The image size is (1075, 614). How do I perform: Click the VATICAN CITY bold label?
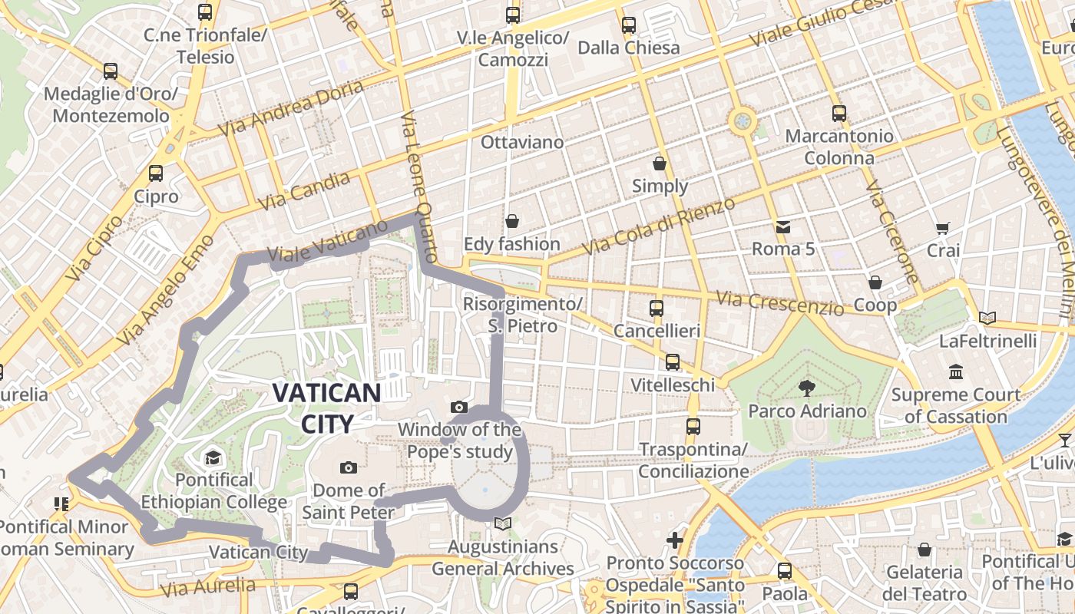click(326, 408)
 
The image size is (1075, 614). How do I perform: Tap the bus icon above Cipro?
click(156, 173)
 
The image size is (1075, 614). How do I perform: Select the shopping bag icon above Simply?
click(660, 163)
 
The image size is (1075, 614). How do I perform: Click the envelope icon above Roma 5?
click(782, 226)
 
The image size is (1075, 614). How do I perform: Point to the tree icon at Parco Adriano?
click(806, 388)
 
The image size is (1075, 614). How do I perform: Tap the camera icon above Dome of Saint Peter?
click(348, 467)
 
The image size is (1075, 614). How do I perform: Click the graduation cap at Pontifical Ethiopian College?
click(212, 458)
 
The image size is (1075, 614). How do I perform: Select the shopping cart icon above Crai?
click(943, 228)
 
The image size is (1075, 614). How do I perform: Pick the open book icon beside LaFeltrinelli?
click(987, 318)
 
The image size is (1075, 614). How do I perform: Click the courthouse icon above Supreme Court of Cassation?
click(956, 372)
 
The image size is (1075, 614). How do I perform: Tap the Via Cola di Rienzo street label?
click(658, 226)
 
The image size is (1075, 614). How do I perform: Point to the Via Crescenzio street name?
click(779, 302)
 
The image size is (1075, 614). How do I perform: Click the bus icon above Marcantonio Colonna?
click(838, 114)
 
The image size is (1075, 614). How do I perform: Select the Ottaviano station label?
click(522, 142)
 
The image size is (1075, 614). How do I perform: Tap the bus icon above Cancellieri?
click(657, 309)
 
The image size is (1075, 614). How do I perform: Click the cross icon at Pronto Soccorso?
click(675, 540)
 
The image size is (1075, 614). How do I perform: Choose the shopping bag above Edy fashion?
click(512, 222)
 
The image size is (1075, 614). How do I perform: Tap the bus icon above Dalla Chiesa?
click(629, 25)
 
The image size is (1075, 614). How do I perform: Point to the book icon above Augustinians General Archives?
click(503, 523)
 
